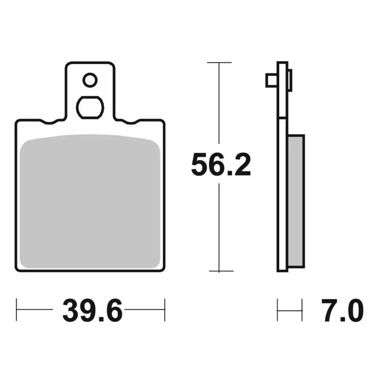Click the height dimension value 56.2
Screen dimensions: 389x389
[x=221, y=165]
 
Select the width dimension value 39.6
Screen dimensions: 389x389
[x=92, y=311]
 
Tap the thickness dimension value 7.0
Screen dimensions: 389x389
[x=342, y=311]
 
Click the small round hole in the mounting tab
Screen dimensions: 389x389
[x=90, y=80]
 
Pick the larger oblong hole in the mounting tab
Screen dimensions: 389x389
[x=90, y=107]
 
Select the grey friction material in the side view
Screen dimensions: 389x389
[x=296, y=199]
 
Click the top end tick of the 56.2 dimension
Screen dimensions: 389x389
[x=219, y=63]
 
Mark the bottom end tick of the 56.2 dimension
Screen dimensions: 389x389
[x=221, y=271]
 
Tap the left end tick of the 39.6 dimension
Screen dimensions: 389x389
[x=17, y=310]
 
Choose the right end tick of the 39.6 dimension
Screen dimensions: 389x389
[x=165, y=310]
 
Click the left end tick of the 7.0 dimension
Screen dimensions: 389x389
[x=278, y=310]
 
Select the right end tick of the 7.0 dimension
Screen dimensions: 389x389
[x=302, y=310]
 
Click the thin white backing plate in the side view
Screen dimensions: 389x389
[x=283, y=194]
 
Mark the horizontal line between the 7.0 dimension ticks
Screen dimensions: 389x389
[x=290, y=310]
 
